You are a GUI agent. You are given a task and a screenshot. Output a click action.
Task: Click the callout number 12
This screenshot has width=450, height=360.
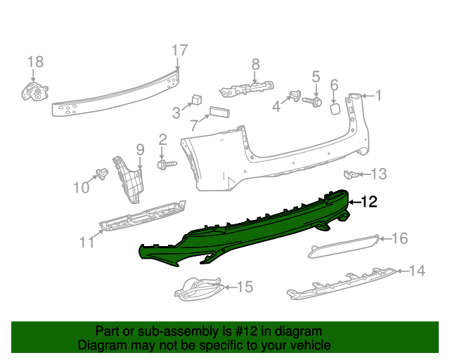(x=370, y=202)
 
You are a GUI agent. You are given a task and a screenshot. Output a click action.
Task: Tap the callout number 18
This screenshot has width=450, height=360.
(x=35, y=62)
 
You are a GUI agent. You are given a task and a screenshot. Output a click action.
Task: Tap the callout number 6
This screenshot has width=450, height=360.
(x=335, y=85)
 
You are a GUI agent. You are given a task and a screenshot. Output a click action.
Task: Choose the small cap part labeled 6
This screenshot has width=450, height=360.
(x=336, y=108)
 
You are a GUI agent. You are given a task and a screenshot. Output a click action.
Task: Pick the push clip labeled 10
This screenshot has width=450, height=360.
(x=101, y=174)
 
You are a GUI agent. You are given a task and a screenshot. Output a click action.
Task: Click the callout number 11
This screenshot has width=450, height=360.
(x=86, y=243)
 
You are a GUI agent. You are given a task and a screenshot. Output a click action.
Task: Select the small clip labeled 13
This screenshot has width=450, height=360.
(x=349, y=174)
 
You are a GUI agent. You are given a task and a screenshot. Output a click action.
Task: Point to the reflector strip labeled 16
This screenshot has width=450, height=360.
(x=345, y=246)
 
